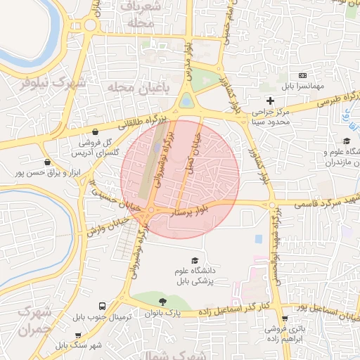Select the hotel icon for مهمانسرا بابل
pyautogui.click(x=303, y=75)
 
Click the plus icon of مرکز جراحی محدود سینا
pyautogui.click(x=270, y=101)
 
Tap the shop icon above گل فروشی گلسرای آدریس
pyautogui.click(x=95, y=131)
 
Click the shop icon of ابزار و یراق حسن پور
pyautogui.click(x=46, y=162)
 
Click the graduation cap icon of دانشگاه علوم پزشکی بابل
pyautogui.click(x=193, y=260)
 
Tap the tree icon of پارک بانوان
pyautogui.click(x=164, y=300)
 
